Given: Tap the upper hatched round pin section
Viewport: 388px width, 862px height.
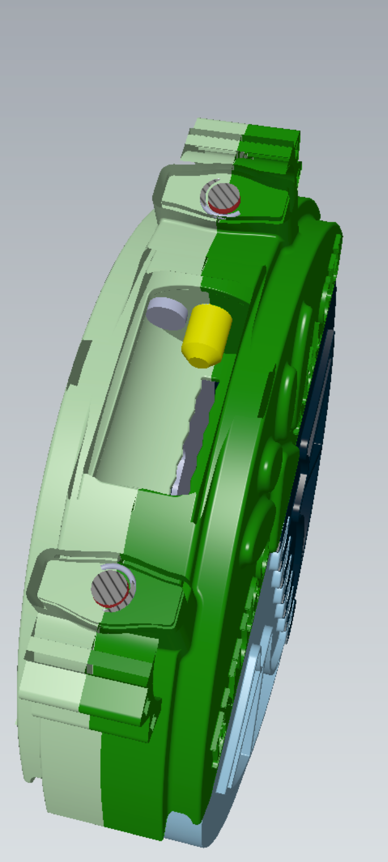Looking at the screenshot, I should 218,195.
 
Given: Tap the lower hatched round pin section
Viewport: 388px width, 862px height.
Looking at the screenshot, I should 111,587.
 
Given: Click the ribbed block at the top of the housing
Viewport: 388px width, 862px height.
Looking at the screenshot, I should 242,143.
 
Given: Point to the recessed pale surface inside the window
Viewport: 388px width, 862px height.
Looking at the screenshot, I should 140,409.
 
